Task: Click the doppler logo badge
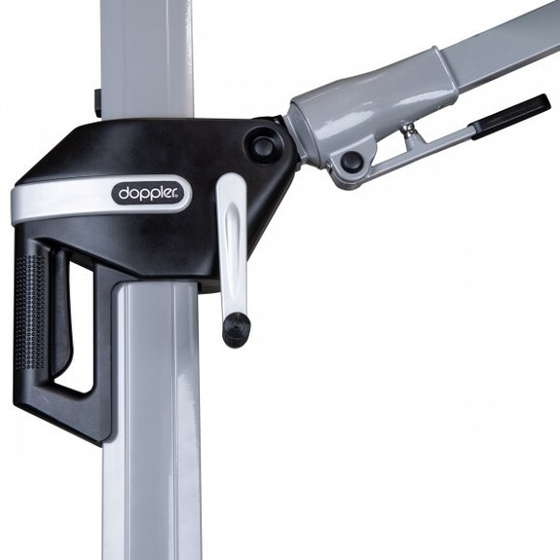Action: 150,194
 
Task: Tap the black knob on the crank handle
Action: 236,327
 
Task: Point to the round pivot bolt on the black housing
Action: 263,145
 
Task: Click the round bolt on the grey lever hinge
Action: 351,160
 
